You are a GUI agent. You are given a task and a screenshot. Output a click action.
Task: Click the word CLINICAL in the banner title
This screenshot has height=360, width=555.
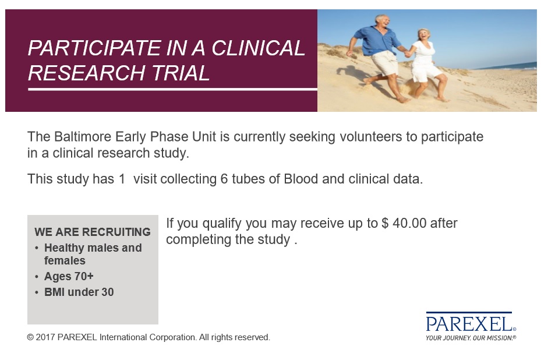pyautogui.click(x=258, y=48)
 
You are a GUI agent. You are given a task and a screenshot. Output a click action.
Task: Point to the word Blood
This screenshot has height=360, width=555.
pyautogui.click(x=301, y=179)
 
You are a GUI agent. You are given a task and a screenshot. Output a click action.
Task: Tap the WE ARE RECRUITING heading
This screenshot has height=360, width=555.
pyautogui.click(x=93, y=232)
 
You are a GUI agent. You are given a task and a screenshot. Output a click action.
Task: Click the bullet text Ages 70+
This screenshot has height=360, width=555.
pyautogui.click(x=69, y=276)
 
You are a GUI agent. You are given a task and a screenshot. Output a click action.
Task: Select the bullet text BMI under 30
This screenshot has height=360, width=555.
pyautogui.click(x=79, y=292)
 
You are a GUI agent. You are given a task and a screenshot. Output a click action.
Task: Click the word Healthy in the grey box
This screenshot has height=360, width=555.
pyautogui.click(x=64, y=248)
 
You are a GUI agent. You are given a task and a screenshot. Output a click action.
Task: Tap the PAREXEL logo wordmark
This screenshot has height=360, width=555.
pyautogui.click(x=469, y=324)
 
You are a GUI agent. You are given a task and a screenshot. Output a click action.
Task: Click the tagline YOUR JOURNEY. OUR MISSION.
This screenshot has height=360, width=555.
pyautogui.click(x=470, y=338)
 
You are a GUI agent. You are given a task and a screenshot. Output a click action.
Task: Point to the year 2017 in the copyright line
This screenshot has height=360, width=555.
pyautogui.click(x=45, y=337)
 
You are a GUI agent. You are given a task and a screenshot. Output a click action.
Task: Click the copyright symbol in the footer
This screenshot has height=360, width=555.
pyautogui.click(x=30, y=337)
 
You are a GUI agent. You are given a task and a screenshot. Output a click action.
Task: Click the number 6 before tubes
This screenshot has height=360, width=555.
pyautogui.click(x=224, y=179)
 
